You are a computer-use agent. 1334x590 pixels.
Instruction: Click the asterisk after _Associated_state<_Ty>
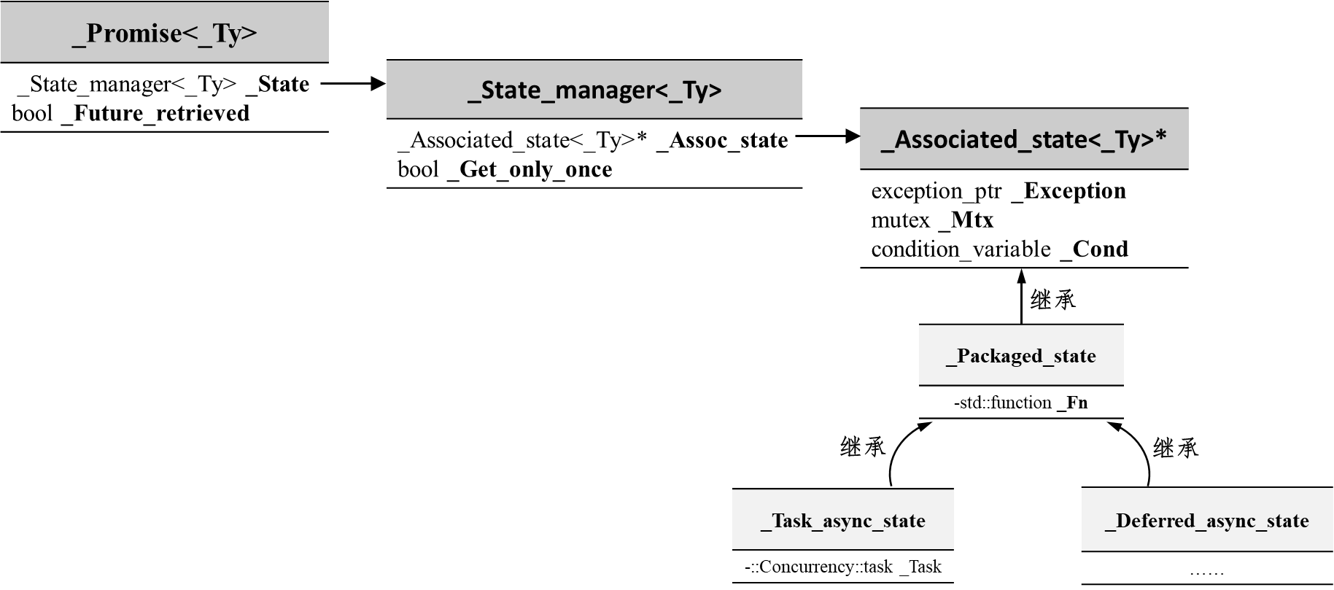(x=1161, y=137)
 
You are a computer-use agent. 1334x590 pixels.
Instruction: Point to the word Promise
(x=133, y=34)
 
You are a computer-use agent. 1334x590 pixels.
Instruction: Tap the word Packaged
(x=999, y=356)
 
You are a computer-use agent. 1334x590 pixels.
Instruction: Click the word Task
(x=792, y=521)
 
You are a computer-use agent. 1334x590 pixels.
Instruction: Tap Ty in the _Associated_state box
(x=1136, y=139)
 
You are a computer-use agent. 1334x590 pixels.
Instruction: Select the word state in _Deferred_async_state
(x=1285, y=521)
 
